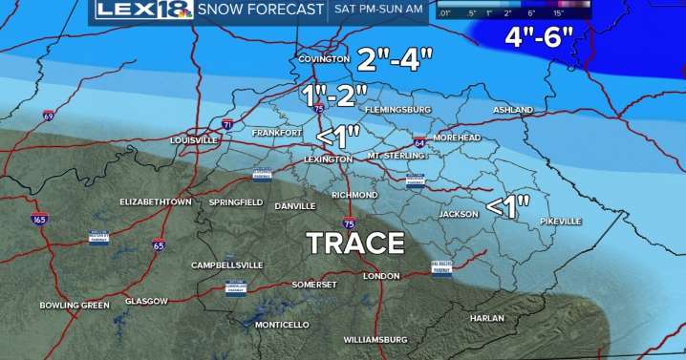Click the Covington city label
(321, 58)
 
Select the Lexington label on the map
(328, 159)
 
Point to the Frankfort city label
(277, 133)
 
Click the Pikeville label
(560, 222)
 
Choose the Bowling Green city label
(74, 306)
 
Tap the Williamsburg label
(375, 339)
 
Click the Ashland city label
(513, 111)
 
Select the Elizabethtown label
(156, 202)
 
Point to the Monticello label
(282, 325)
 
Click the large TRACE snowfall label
(355, 243)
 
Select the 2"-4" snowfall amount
(395, 59)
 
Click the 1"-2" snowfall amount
(335, 95)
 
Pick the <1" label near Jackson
(509, 206)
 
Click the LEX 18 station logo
(142, 11)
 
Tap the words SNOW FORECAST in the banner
(261, 11)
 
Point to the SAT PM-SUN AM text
(376, 11)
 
